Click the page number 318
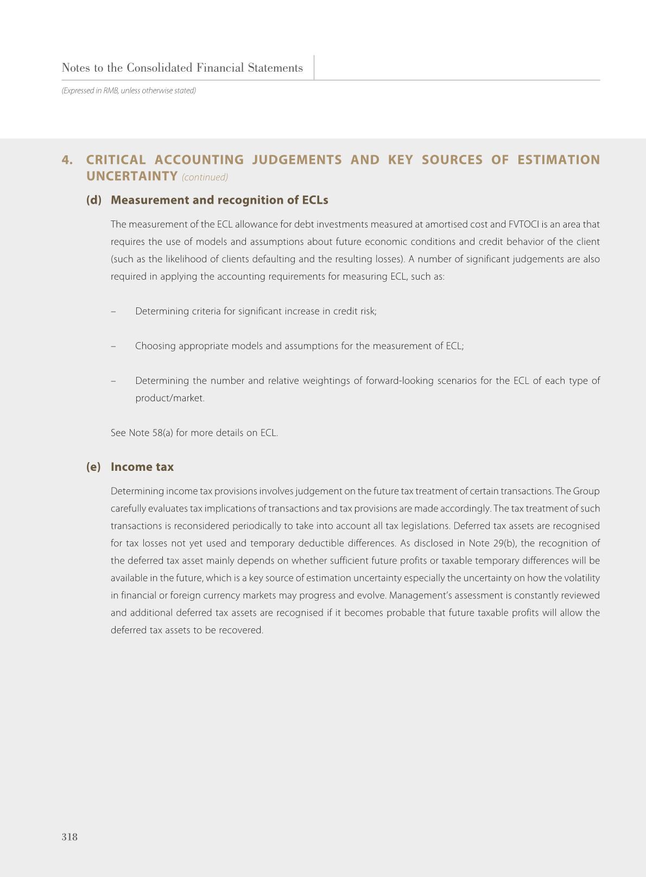click(69, 837)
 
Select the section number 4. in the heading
click(67, 160)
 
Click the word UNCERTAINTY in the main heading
click(132, 176)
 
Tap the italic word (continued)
click(205, 178)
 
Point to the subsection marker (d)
click(93, 200)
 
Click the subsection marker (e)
click(93, 467)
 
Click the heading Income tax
click(142, 467)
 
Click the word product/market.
click(170, 398)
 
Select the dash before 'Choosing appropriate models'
click(113, 346)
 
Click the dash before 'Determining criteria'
click(113, 311)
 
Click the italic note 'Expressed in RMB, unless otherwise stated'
click(129, 91)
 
